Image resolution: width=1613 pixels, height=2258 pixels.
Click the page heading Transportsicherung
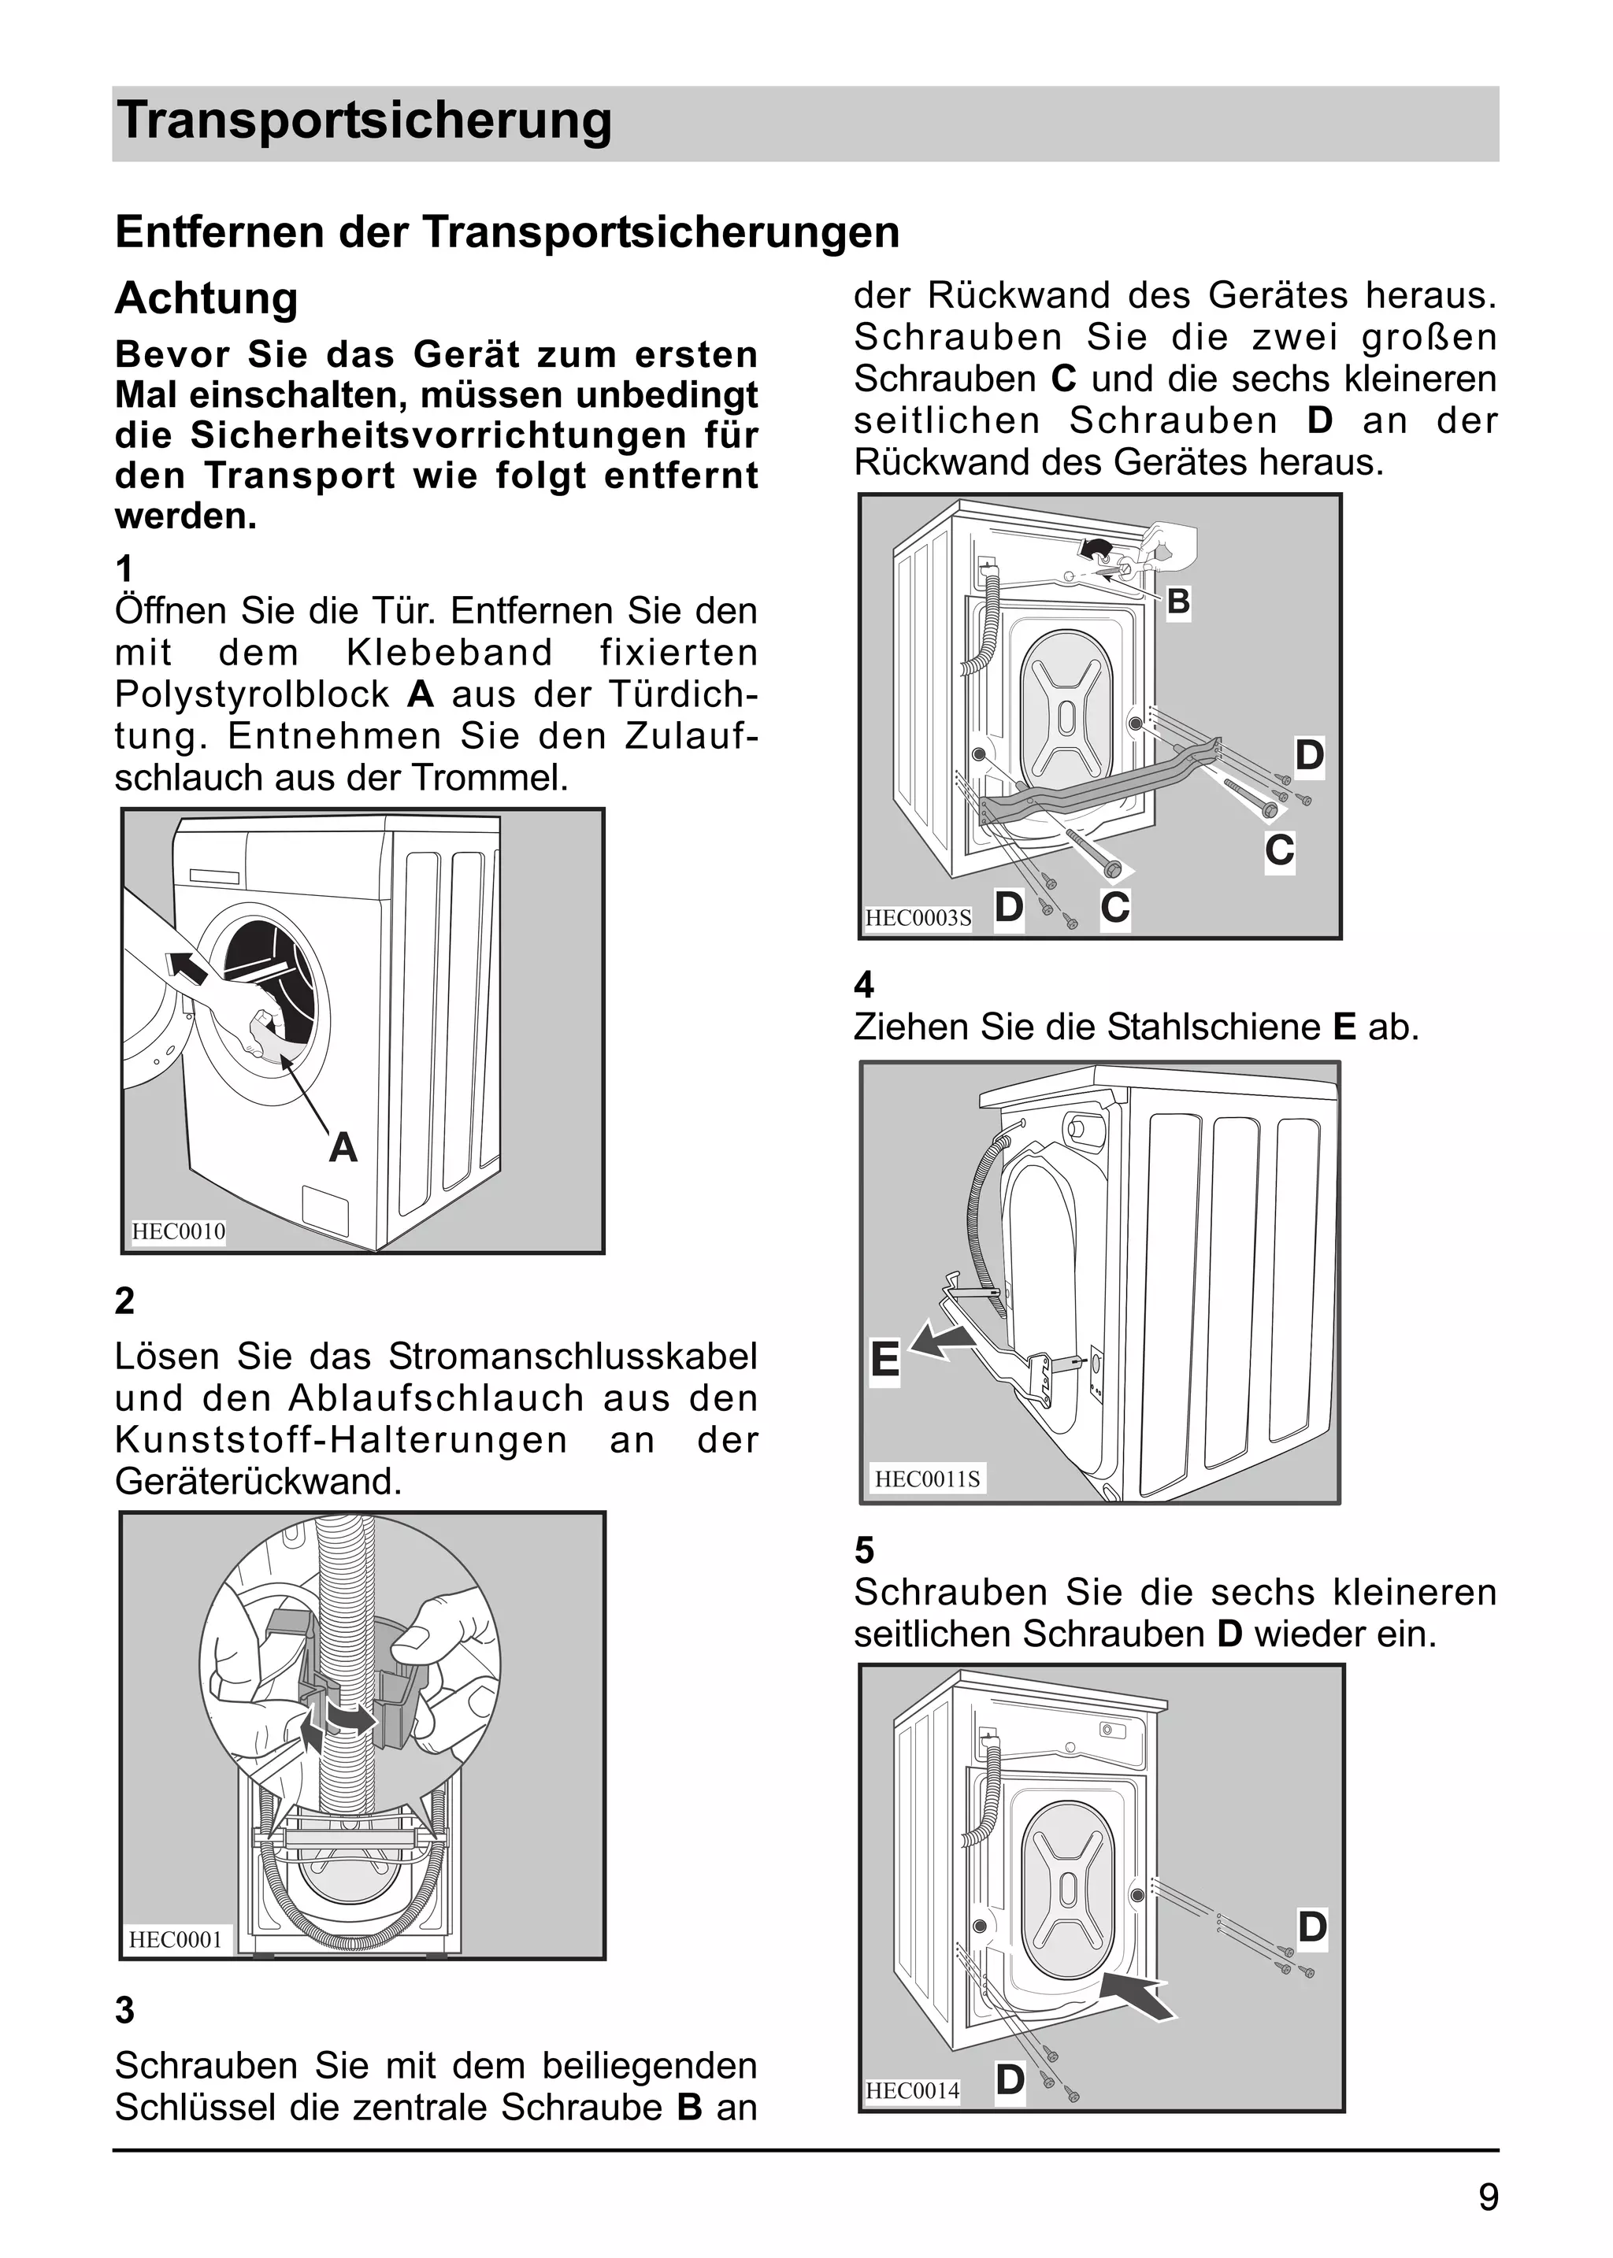click(x=364, y=122)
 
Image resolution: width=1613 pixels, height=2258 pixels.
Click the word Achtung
click(x=206, y=298)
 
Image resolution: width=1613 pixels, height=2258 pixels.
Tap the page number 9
click(x=1488, y=2197)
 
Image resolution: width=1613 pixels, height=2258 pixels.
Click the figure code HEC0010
click(x=179, y=1231)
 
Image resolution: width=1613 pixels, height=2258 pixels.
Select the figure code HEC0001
click(x=176, y=1939)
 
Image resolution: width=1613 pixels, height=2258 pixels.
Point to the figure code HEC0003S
click(x=918, y=917)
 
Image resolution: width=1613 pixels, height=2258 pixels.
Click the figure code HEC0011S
click(x=927, y=1479)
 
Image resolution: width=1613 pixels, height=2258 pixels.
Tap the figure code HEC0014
click(x=913, y=2090)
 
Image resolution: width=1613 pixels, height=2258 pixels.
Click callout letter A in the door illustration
click(x=343, y=1148)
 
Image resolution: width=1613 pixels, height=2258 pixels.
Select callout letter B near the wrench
click(x=1178, y=602)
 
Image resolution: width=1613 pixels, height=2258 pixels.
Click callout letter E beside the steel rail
click(x=884, y=1360)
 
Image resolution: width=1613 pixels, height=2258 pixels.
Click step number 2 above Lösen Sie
click(x=124, y=1301)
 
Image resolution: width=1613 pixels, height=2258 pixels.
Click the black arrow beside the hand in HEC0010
click(x=189, y=966)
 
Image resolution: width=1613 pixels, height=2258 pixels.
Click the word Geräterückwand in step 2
click(x=258, y=1482)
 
